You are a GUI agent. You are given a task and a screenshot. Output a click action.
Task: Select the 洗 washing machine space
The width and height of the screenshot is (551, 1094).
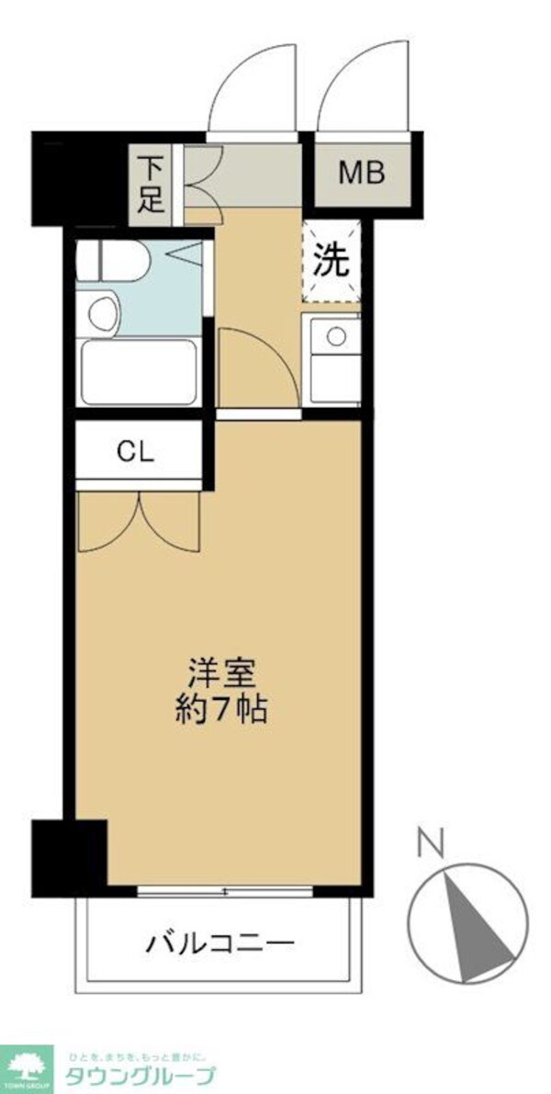[332, 263]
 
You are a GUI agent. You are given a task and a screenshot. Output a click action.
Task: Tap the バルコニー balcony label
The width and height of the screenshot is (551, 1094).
[219, 942]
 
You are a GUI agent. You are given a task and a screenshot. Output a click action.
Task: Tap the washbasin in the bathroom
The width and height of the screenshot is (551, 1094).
[104, 312]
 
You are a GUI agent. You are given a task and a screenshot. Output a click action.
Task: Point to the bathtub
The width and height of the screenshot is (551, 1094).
[139, 372]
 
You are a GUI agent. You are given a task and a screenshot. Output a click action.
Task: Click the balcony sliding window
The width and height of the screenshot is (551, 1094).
[225, 891]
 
